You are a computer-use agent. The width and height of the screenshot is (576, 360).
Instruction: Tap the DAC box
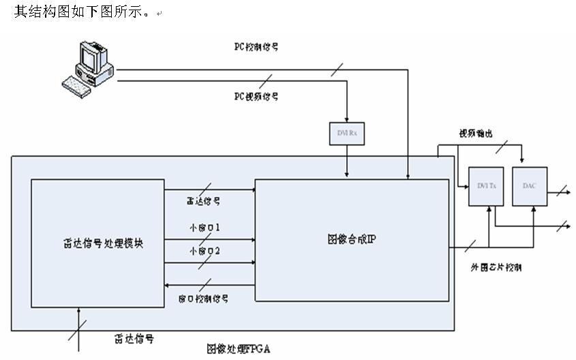click(530, 186)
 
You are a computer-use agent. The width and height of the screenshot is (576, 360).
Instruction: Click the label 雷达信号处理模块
click(97, 243)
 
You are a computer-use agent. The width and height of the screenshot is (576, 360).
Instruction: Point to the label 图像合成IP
click(351, 239)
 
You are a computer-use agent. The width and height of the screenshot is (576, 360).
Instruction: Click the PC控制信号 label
click(256, 48)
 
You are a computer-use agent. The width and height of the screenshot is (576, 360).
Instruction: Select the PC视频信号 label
click(256, 97)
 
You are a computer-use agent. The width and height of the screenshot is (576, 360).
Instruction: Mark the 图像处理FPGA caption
click(239, 348)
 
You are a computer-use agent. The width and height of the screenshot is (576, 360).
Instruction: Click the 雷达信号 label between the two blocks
click(203, 201)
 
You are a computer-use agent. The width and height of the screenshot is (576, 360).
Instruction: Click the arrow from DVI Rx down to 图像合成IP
click(348, 162)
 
